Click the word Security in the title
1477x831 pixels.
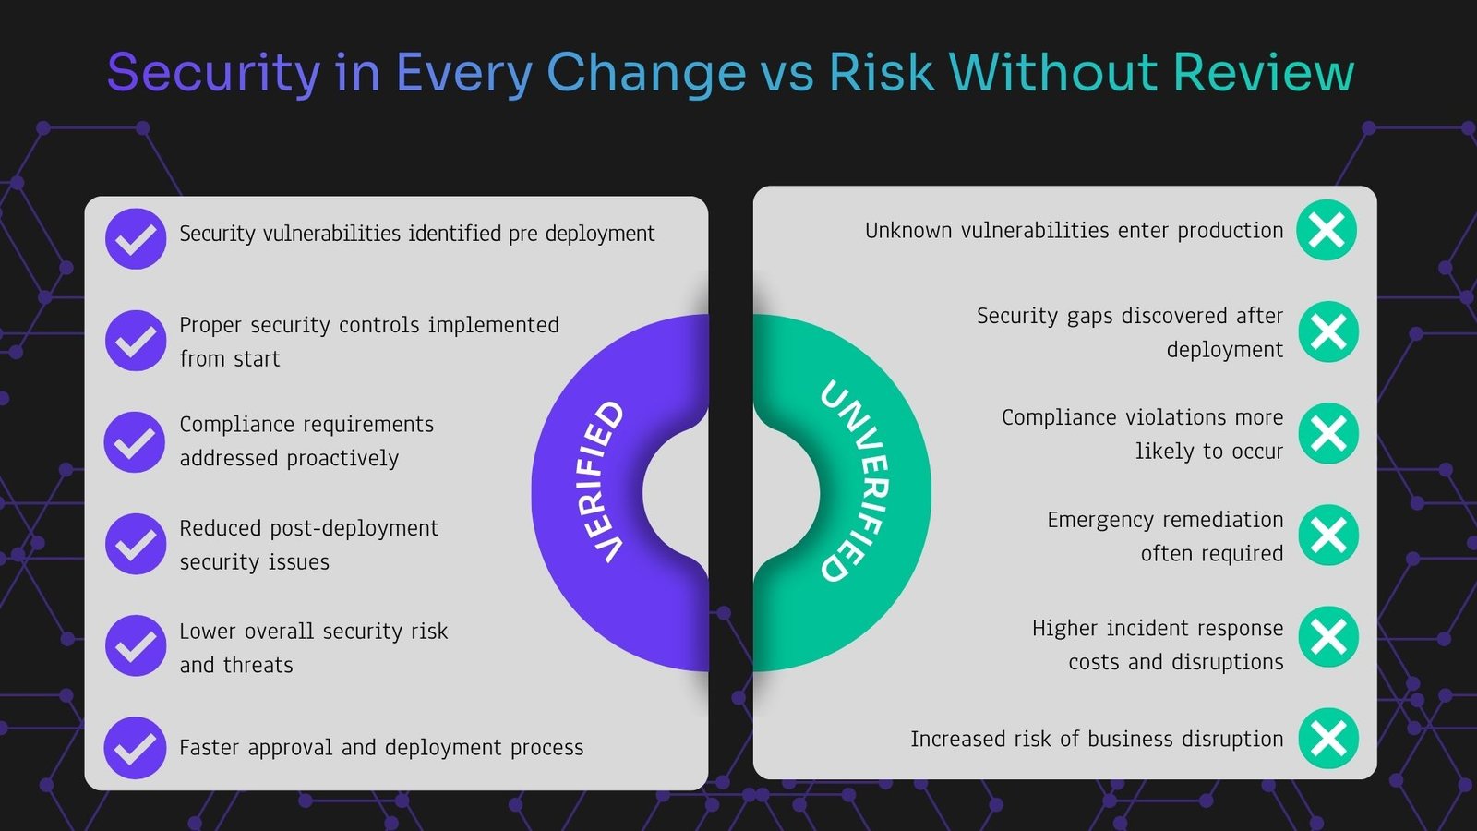pos(213,73)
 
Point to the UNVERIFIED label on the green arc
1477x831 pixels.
pos(855,481)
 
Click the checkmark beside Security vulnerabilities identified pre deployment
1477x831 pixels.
pos(136,239)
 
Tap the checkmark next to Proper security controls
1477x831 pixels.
pos(136,341)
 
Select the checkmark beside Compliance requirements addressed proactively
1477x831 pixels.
pos(135,442)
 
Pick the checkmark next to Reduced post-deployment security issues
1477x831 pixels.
pos(136,544)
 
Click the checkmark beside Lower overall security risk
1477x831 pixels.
pos(136,645)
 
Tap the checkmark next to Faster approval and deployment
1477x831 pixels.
pos(135,747)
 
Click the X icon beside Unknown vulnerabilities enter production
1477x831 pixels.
pos(1327,230)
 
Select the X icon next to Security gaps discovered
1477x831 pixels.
pos(1328,331)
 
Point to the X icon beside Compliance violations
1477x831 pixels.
pos(1328,433)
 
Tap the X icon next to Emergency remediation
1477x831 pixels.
pos(1328,535)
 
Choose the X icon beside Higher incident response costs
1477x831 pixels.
pos(1328,636)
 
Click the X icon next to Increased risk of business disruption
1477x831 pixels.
pos(1328,738)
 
